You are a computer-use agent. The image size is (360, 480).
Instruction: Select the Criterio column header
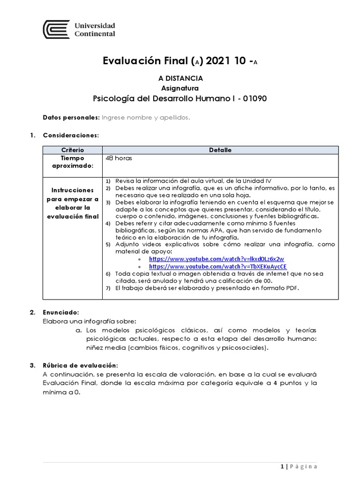pos(72,150)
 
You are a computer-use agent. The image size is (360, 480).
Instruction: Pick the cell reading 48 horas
pos(119,158)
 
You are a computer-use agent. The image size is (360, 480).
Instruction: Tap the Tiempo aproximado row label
pos(72,162)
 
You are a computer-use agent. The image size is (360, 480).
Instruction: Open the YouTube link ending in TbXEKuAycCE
pos(217,267)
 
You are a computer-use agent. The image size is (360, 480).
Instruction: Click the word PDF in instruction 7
pos(291,288)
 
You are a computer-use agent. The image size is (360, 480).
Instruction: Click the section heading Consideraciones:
pos(71,135)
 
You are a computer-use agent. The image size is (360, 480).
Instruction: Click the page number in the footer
pos(282,466)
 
